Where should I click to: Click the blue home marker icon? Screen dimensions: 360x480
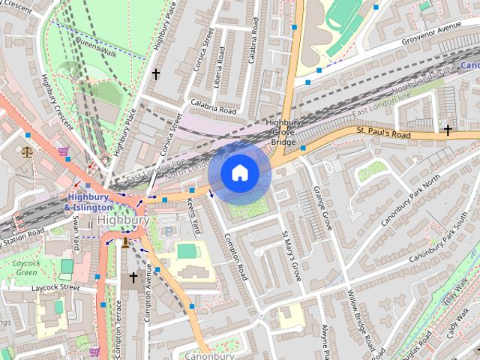tap(239, 173)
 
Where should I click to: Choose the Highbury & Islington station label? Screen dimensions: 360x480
tap(88, 202)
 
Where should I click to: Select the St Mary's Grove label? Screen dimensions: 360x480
tap(291, 256)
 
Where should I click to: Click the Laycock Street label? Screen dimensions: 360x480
tap(55, 287)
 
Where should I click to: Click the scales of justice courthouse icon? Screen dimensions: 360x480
tap(28, 151)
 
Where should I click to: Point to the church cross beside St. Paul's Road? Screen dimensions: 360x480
tap(448, 130)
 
